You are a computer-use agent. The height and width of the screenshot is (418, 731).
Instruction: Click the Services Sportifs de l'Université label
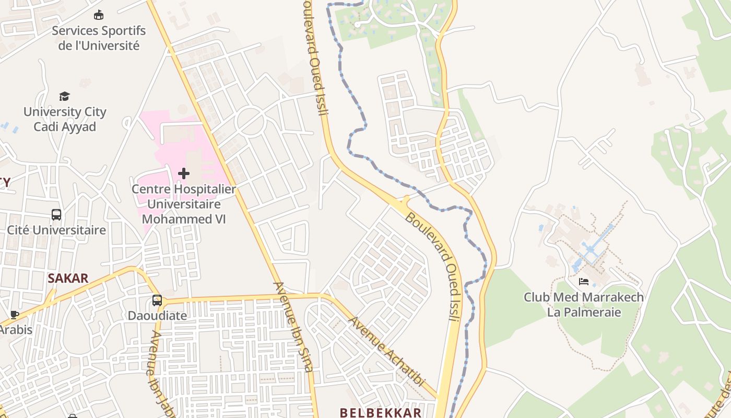click(98, 38)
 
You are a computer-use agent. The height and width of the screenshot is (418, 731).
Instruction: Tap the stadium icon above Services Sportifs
click(98, 15)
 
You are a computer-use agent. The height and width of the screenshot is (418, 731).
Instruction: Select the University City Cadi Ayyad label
click(65, 119)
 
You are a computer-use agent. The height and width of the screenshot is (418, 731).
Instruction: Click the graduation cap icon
click(64, 96)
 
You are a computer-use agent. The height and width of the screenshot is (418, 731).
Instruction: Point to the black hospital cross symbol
click(184, 173)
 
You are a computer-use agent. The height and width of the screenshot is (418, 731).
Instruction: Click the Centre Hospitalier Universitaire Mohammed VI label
click(184, 204)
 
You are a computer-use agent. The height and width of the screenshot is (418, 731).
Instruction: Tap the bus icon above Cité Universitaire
click(56, 214)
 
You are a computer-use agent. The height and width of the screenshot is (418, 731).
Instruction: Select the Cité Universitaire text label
click(56, 230)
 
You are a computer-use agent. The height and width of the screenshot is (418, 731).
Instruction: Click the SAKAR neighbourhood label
click(68, 278)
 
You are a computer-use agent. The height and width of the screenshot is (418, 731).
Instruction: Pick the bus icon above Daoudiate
click(157, 300)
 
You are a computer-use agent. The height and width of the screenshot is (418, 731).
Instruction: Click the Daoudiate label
click(157, 316)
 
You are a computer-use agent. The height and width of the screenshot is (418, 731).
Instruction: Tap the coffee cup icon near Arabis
click(15, 315)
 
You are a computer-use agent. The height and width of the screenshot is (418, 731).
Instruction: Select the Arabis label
click(16, 330)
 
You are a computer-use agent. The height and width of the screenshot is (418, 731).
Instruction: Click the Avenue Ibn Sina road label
click(294, 327)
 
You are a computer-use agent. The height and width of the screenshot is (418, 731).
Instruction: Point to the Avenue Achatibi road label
click(386, 351)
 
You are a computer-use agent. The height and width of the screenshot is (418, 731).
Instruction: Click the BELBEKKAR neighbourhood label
click(380, 413)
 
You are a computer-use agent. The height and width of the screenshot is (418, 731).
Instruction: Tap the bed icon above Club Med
click(584, 282)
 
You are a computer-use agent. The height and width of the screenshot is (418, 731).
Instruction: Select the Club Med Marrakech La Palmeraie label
click(584, 305)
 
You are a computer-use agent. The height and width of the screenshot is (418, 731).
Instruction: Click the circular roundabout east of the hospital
click(250, 121)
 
